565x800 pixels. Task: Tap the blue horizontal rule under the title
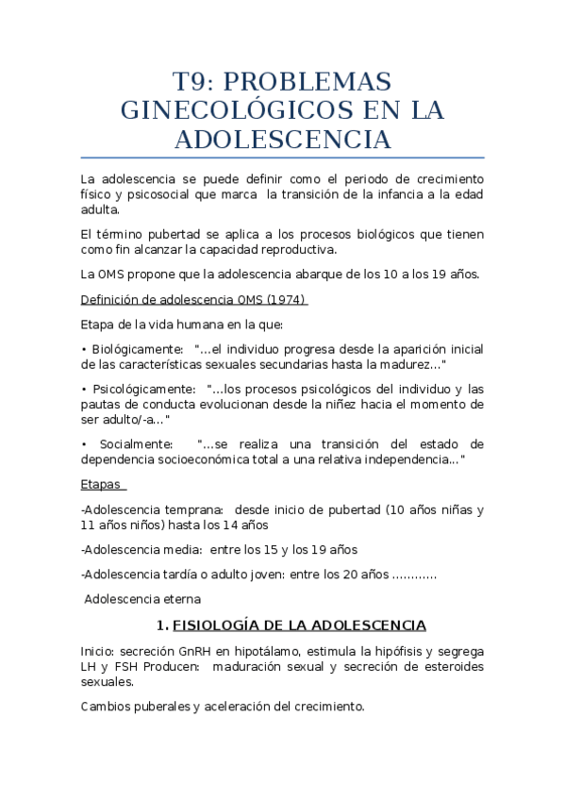click(282, 157)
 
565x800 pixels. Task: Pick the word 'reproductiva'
click(298, 249)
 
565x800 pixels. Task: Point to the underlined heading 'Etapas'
click(101, 484)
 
